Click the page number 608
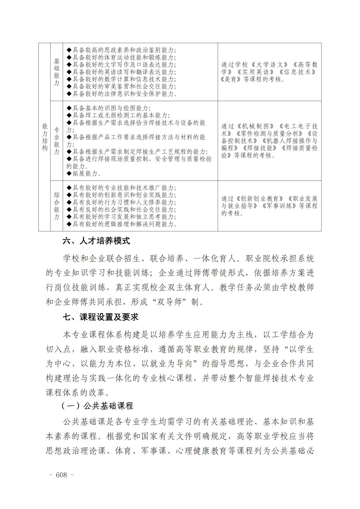click(62, 475)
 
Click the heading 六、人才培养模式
click(96, 241)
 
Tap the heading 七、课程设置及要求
click(100, 317)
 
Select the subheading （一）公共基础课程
click(97, 406)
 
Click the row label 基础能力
click(57, 72)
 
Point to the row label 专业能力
click(57, 141)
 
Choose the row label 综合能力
click(57, 206)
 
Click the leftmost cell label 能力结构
click(45, 137)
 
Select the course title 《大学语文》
click(270, 65)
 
